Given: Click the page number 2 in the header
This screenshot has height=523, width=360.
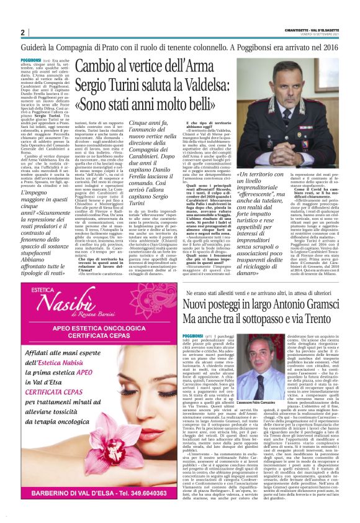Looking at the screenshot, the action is [x=23, y=32].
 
